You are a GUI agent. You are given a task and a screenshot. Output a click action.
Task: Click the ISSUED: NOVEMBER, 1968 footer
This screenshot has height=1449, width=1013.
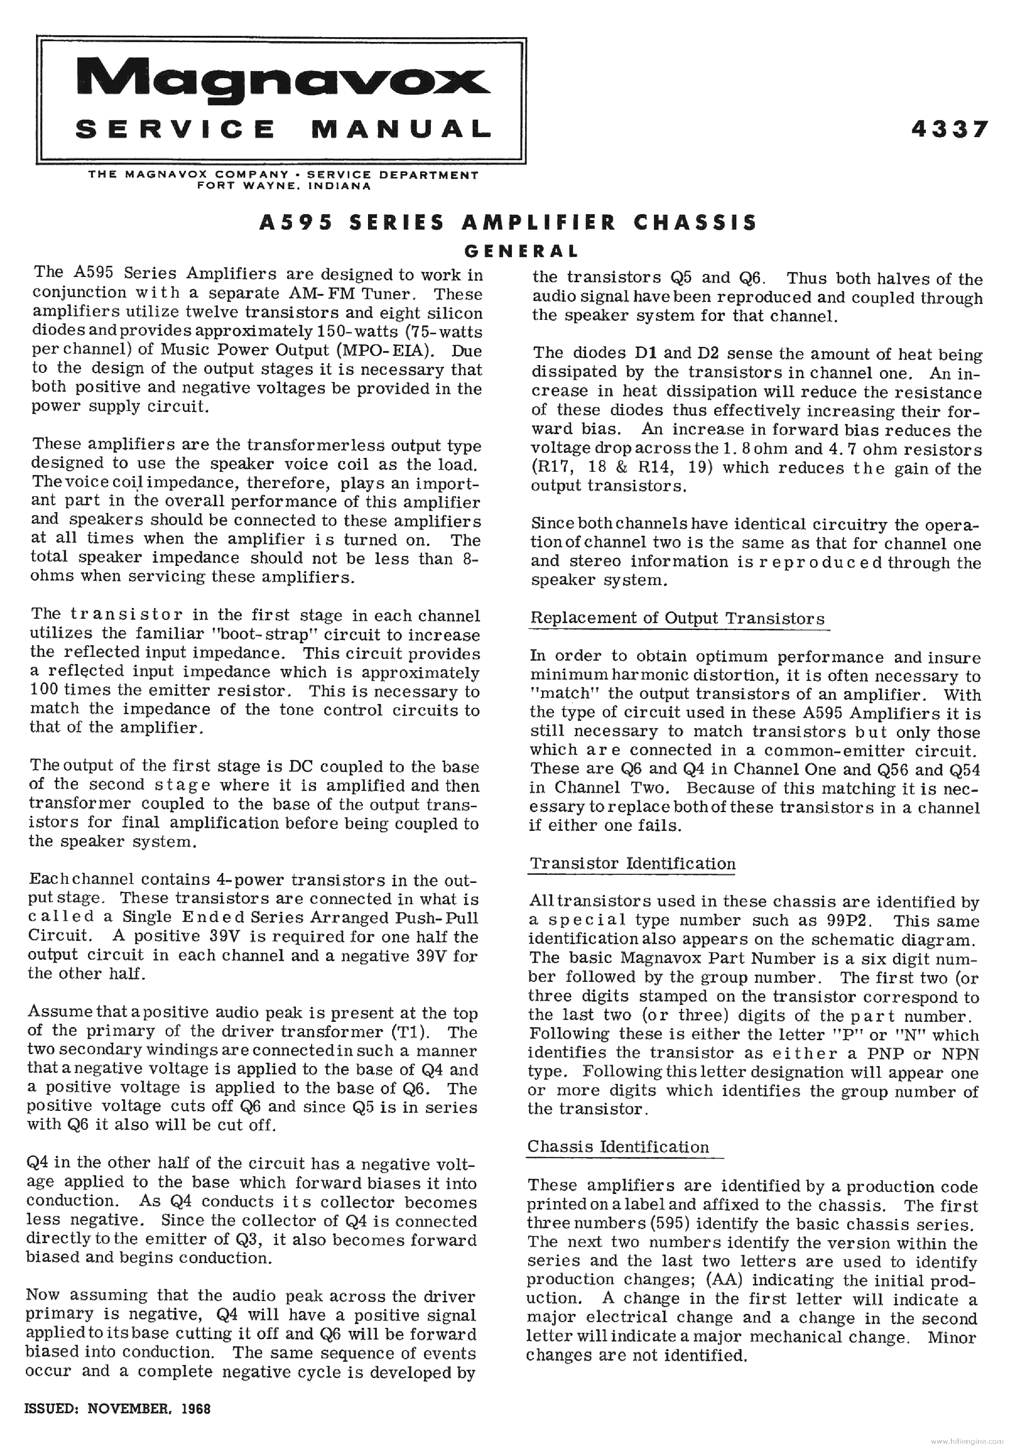pos(117,1408)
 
